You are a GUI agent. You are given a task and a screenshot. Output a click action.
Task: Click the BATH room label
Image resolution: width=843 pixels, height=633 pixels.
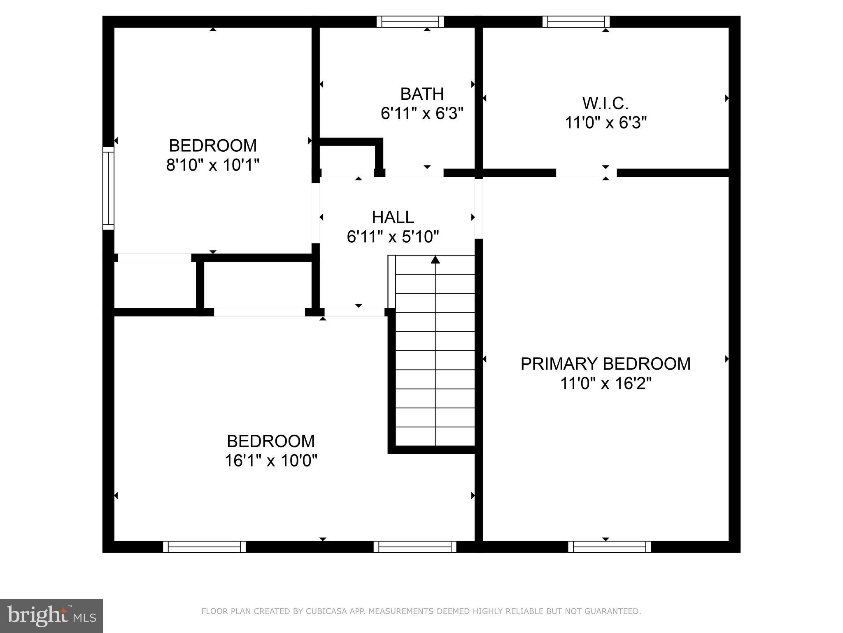422,94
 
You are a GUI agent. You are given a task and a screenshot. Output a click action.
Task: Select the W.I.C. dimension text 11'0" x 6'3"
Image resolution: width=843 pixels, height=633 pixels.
605,123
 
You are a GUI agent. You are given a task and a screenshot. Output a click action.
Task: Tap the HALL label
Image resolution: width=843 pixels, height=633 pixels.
393,217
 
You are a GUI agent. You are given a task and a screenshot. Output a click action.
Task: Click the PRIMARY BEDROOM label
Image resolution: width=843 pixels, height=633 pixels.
605,364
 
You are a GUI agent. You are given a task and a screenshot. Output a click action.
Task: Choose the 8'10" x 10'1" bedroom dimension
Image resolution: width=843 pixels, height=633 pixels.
213,165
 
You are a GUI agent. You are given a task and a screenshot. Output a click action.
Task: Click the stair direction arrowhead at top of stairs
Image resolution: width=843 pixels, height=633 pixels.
435,260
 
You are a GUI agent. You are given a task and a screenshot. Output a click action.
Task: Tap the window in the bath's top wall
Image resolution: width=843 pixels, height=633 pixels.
410,21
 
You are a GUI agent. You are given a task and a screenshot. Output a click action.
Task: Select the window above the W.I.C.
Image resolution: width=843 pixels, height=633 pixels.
576,21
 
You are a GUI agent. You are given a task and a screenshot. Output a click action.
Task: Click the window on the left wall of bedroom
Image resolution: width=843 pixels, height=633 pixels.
108,188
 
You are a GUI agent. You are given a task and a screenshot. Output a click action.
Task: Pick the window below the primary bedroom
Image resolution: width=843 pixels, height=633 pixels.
609,547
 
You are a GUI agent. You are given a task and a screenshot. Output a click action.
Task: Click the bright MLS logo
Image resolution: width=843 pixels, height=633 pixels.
51,616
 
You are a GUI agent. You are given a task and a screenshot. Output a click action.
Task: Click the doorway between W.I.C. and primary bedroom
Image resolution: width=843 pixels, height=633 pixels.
586,173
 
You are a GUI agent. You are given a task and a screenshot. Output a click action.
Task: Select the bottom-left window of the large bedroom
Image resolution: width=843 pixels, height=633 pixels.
204,547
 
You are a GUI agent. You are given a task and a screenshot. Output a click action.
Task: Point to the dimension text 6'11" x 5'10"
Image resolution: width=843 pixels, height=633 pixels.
393,237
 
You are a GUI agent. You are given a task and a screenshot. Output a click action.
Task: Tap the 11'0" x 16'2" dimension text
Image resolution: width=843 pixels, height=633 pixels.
605,384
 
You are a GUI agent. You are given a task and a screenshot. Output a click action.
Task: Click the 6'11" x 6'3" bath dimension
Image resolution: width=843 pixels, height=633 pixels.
422,113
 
